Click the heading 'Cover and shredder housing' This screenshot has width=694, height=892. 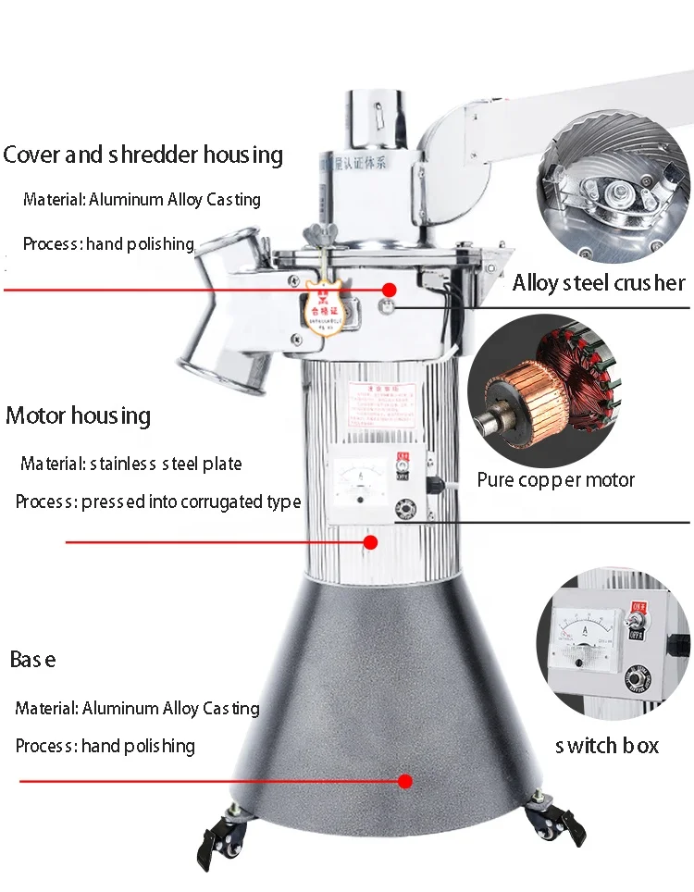coord(143,154)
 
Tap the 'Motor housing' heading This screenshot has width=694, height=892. coord(78,415)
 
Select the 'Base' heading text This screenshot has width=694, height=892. coord(32,660)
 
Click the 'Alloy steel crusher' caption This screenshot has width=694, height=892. coord(599,282)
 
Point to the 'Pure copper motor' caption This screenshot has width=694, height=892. coord(556,479)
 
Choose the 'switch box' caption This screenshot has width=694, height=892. coord(607,745)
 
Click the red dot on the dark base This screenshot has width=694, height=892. coord(404,781)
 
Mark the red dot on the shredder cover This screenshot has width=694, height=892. coord(390,290)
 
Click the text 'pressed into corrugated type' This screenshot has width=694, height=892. coord(191,502)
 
